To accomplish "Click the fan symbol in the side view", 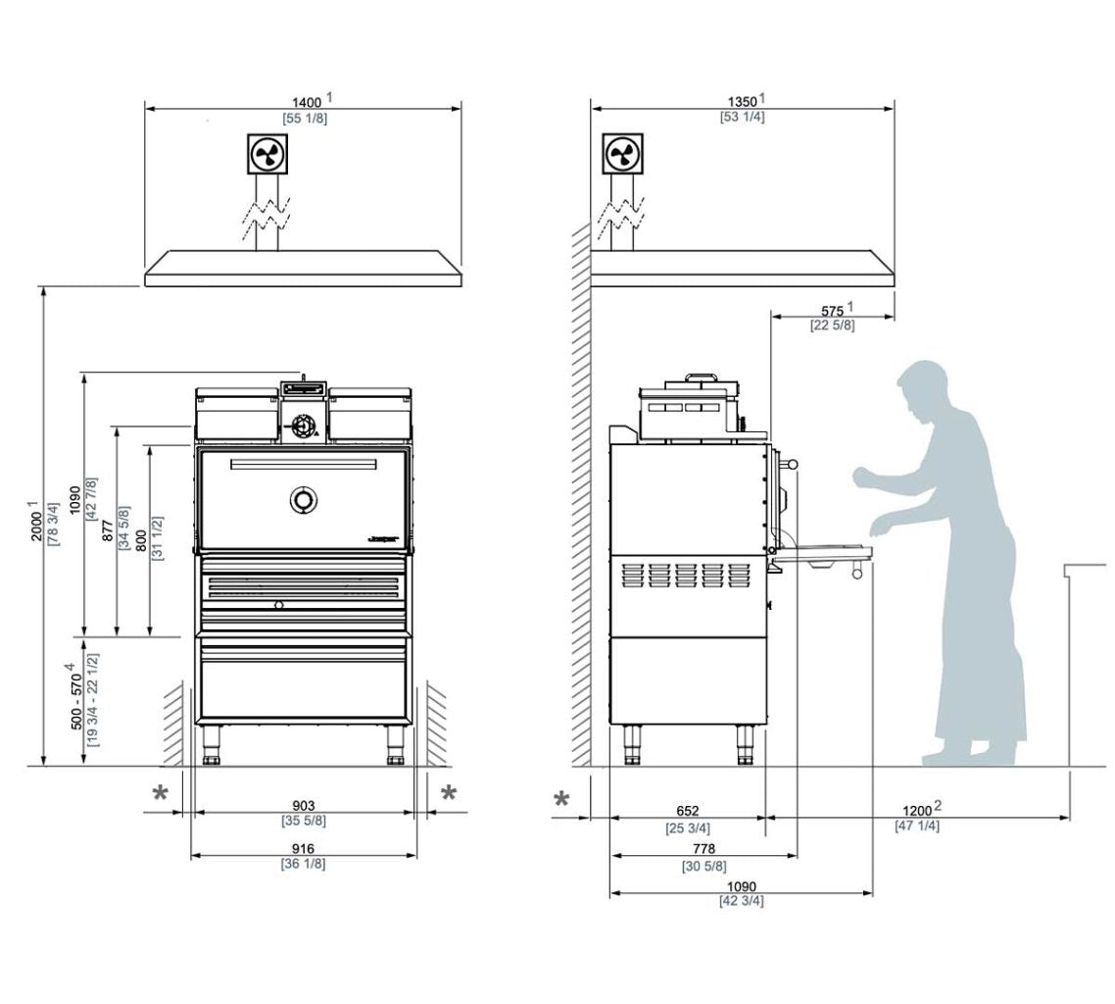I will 619,154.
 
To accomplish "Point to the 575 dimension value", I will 831,310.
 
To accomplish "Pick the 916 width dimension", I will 303,849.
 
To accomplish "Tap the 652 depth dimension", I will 688,811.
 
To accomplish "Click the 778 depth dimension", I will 703,849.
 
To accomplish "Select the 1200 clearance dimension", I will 917,811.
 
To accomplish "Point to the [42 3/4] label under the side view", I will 741,901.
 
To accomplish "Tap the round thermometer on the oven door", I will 303,499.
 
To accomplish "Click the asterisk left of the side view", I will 561,799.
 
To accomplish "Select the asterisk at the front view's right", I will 449,793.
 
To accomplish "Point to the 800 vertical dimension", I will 141,537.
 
